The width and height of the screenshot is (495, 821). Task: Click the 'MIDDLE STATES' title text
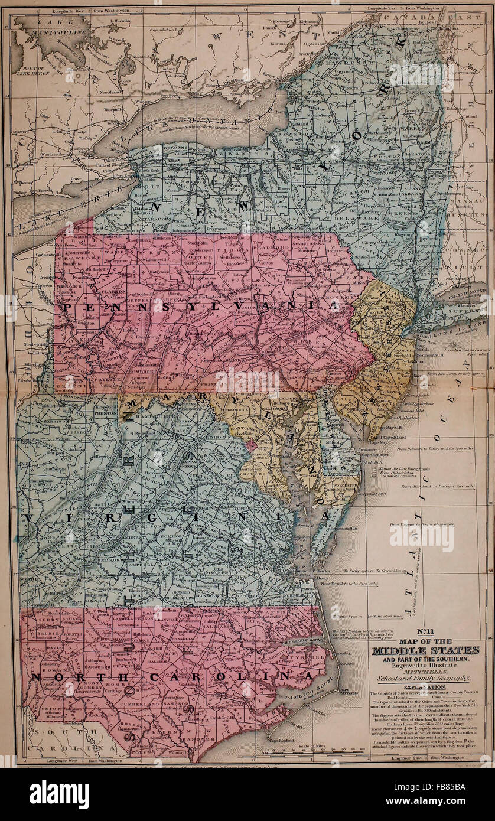(425, 651)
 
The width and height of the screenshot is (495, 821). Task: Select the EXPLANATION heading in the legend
(425, 688)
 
